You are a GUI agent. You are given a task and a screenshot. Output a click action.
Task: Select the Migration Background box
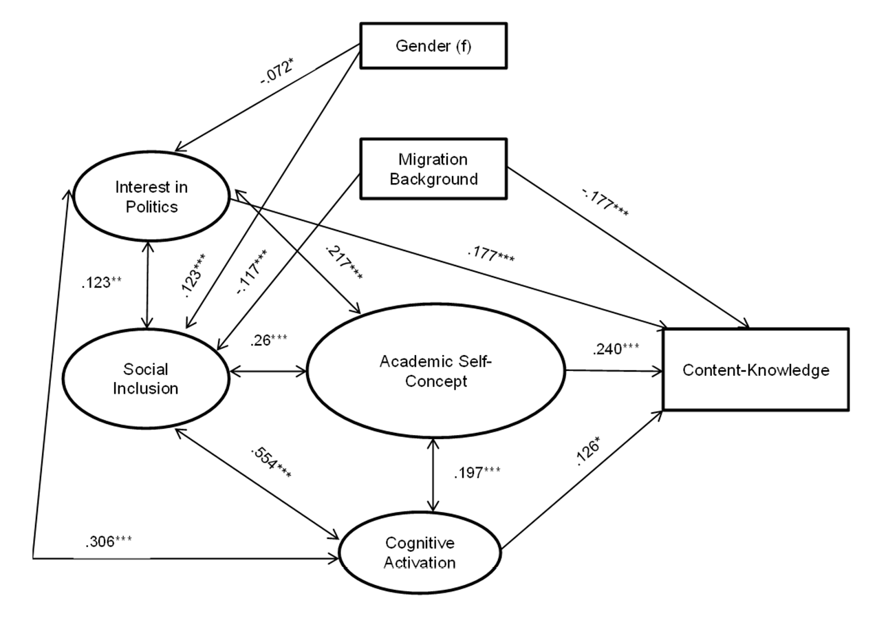(433, 169)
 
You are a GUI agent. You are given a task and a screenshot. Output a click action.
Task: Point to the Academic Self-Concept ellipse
(435, 372)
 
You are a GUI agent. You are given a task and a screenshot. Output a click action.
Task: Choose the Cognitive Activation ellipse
(420, 553)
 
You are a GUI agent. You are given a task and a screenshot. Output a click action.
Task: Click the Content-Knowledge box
(756, 370)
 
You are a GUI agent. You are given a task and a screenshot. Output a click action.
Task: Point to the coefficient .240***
(616, 348)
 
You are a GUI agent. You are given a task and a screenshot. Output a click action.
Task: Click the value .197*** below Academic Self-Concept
(476, 473)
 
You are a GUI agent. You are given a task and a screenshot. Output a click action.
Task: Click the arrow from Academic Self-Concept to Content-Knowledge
(614, 372)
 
